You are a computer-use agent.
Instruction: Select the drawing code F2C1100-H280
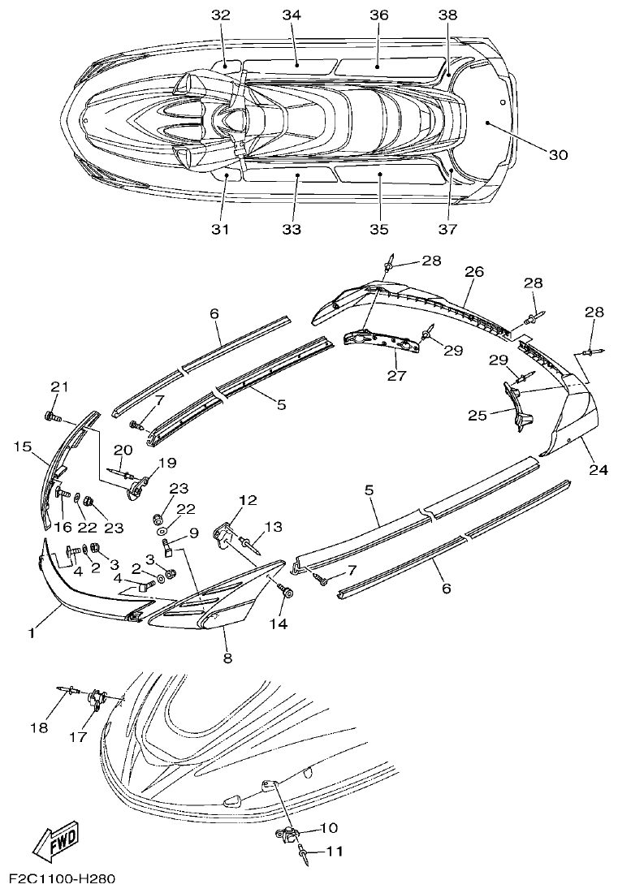tap(63, 879)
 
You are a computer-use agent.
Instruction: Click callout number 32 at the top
tap(221, 15)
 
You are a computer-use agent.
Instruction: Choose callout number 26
tap(474, 271)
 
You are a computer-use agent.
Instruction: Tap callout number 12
tap(248, 500)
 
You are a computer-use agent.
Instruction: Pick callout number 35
tap(379, 230)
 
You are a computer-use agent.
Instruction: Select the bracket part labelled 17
tap(97, 699)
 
